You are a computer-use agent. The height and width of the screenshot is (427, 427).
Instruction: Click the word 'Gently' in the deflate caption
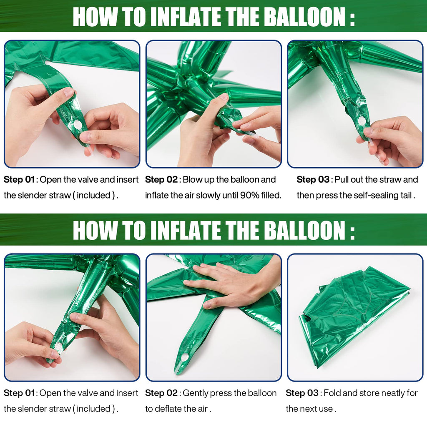(x=196, y=393)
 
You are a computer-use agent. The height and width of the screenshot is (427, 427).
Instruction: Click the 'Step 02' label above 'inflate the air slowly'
(x=161, y=179)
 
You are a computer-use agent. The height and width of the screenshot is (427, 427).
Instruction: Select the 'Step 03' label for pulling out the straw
(x=313, y=179)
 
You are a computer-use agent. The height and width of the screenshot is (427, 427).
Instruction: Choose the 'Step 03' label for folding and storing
(x=302, y=393)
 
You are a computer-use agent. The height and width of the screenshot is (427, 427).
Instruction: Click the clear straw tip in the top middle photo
(x=256, y=136)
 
